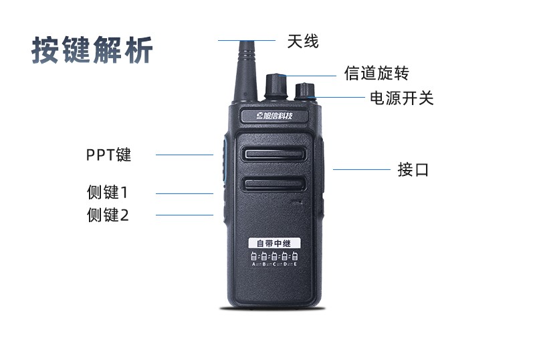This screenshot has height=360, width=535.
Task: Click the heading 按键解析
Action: [92, 50]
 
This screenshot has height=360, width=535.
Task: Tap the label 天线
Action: [303, 41]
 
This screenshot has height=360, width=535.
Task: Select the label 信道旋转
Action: [376, 73]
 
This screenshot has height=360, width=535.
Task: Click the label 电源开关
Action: [401, 98]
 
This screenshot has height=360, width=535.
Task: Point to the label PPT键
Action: [108, 155]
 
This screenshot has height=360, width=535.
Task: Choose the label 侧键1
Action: [107, 193]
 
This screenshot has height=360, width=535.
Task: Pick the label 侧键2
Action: [107, 215]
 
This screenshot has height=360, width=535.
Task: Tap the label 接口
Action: [413, 169]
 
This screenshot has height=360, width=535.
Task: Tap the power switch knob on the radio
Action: [304, 93]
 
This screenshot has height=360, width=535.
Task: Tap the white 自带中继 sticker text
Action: [274, 242]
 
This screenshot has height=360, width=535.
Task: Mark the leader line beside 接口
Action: [361, 169]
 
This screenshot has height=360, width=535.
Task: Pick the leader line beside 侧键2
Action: [185, 215]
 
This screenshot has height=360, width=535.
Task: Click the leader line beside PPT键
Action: [185, 155]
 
